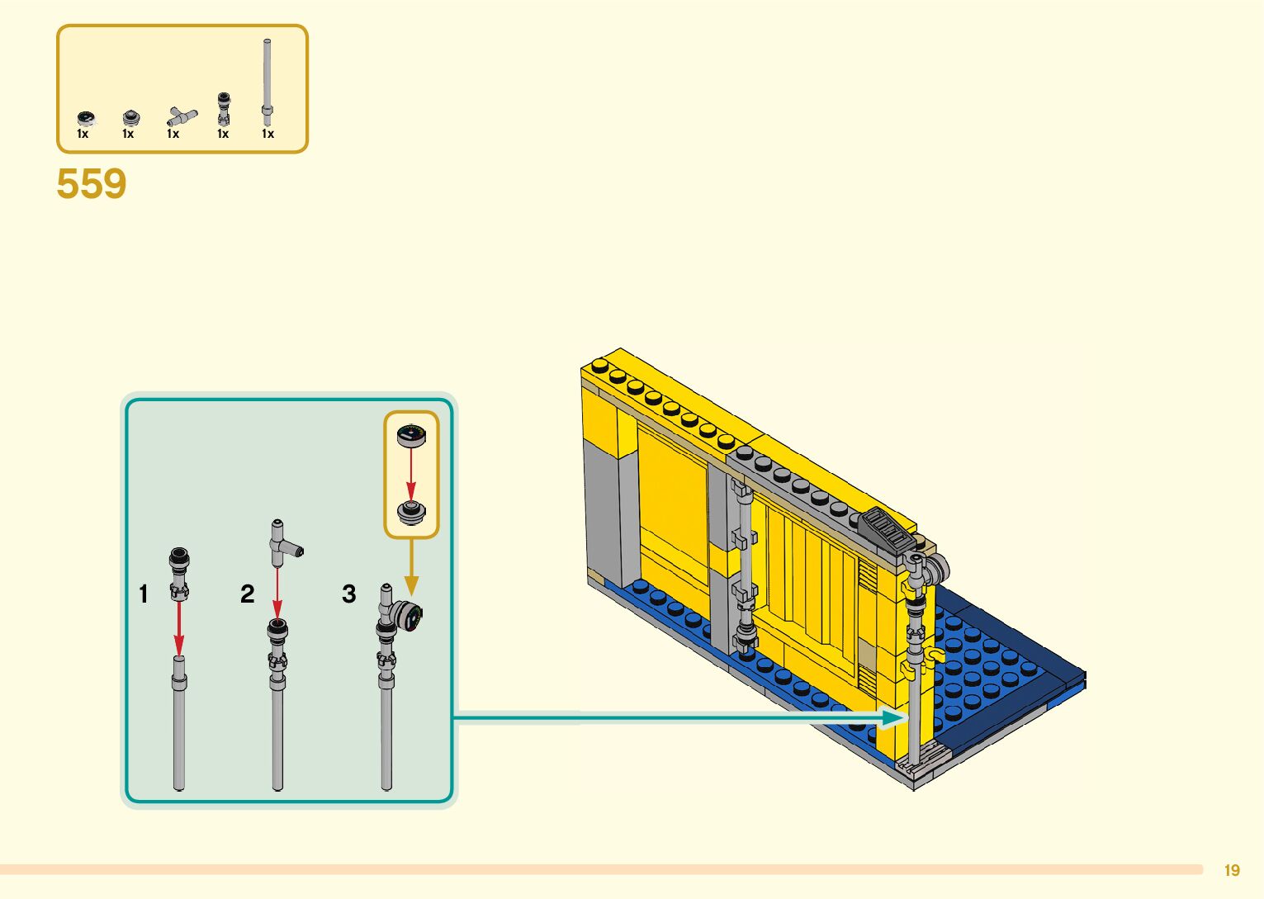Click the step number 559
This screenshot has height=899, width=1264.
pyautogui.click(x=91, y=183)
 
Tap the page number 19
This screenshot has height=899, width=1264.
pyautogui.click(x=1232, y=870)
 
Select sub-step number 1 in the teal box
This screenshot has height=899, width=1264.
pyautogui.click(x=144, y=594)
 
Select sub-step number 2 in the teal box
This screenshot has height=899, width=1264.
pyautogui.click(x=247, y=594)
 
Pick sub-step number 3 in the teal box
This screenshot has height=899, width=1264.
pyautogui.click(x=348, y=594)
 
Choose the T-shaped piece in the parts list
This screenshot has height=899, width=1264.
pyautogui.click(x=180, y=116)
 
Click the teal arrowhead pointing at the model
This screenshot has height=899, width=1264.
pyautogui.click(x=892, y=717)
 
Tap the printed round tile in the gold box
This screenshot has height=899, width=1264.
pyautogui.click(x=410, y=434)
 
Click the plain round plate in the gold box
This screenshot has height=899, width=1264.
pyautogui.click(x=410, y=512)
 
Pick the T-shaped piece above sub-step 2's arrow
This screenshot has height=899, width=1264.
pyautogui.click(x=282, y=541)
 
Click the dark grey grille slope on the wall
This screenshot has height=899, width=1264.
pyautogui.click(x=887, y=528)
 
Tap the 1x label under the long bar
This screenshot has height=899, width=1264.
pyautogui.click(x=267, y=134)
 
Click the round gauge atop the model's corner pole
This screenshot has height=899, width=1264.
pyautogui.click(x=935, y=568)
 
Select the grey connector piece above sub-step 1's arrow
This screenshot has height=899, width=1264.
pyautogui.click(x=179, y=571)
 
